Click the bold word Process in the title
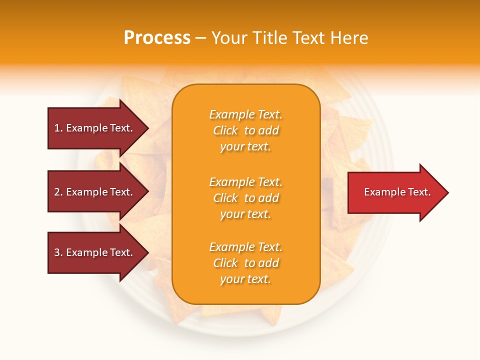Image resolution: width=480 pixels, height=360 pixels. [x=157, y=38]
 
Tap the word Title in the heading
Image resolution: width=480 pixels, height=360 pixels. [x=270, y=38]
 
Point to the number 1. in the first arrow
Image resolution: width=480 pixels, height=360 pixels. [x=58, y=128]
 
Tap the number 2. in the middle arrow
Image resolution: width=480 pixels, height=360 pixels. [x=58, y=192]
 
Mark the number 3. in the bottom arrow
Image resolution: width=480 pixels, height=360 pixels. [x=58, y=252]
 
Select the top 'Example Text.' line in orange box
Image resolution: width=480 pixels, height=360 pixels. [x=245, y=114]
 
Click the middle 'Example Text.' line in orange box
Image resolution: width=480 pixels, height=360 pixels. [x=245, y=182]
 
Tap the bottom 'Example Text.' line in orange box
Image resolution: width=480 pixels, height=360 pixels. [x=245, y=247]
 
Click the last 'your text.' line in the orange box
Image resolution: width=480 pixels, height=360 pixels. [x=245, y=279]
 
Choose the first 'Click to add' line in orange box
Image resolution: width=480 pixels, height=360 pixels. [x=245, y=130]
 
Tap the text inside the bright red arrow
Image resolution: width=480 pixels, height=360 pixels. [x=397, y=192]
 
